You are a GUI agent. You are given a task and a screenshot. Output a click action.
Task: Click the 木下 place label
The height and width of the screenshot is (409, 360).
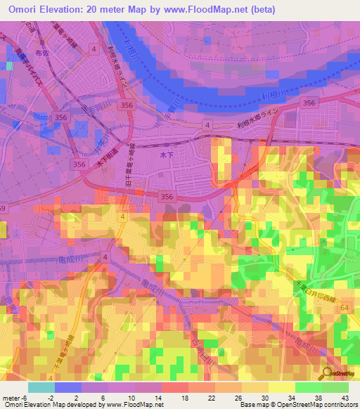[x=167, y=152]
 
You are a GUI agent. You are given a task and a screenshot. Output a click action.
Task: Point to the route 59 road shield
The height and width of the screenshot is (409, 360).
[x=2, y=208]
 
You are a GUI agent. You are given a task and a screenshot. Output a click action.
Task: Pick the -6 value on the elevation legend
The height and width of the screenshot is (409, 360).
[x=25, y=396]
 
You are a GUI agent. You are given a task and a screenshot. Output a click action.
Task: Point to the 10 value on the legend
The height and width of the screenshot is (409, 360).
[x=123, y=396]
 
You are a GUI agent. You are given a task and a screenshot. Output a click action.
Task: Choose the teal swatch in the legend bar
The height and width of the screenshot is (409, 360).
[x=41, y=387]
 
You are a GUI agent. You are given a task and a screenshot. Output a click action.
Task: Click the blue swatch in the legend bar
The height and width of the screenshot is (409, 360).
[x=68, y=387]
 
